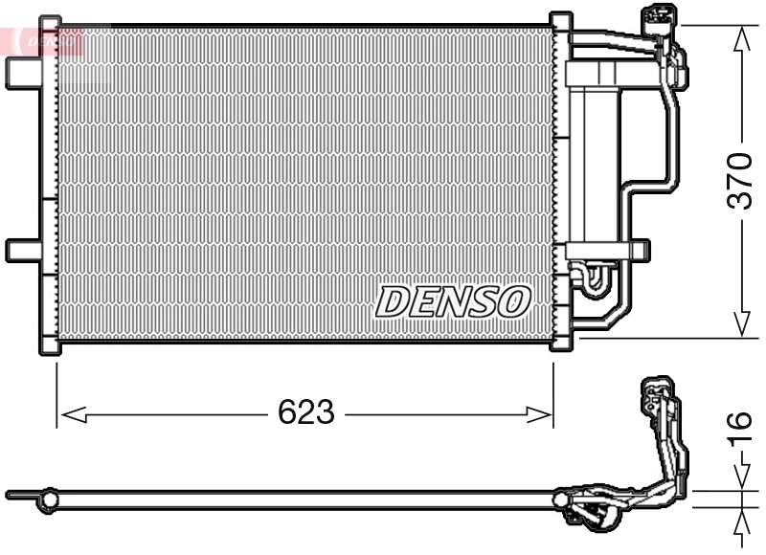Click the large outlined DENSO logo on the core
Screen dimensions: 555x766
(452, 300)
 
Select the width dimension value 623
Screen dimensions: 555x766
(306, 412)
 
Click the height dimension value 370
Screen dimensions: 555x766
(740, 179)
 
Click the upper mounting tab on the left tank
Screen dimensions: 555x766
(21, 73)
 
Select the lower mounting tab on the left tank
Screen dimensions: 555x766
(21, 250)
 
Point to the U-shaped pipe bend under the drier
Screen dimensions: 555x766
(591, 277)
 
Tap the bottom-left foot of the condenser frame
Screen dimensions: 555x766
(49, 345)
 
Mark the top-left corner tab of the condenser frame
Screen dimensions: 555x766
(49, 21)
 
